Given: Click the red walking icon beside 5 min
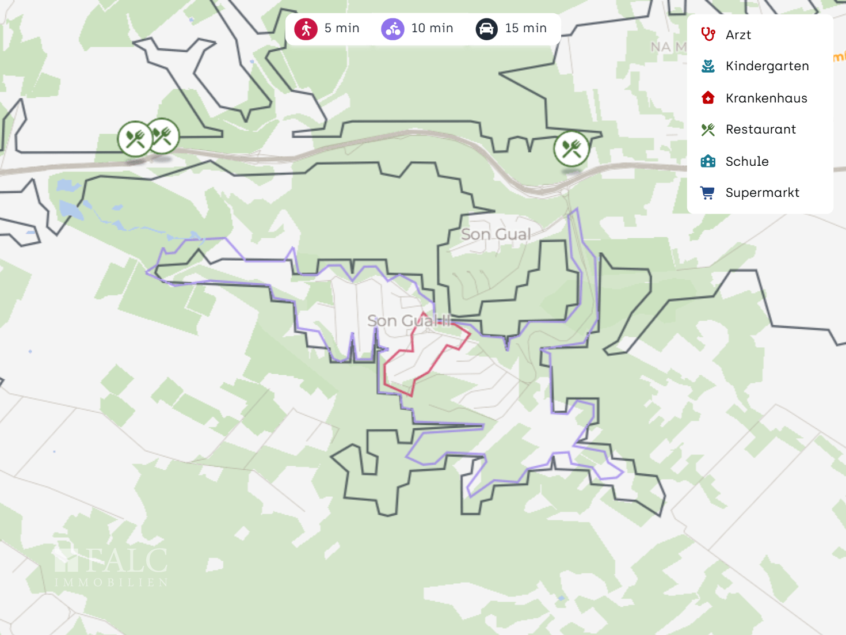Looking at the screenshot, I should (306, 29).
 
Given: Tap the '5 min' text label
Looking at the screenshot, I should (342, 28).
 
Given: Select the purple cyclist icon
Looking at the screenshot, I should (393, 29).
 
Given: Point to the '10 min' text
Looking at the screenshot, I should (432, 28).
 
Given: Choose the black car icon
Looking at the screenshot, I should (487, 29).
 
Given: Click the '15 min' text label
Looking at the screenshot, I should (526, 28).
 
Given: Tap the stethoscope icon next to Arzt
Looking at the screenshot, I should (708, 35).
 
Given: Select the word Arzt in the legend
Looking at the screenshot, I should (738, 35).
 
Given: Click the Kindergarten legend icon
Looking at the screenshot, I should (708, 66).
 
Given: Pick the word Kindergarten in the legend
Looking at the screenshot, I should (767, 66).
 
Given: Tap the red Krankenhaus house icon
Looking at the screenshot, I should (708, 98).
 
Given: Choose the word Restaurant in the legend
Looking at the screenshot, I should (761, 130).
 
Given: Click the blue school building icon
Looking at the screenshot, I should (708, 161).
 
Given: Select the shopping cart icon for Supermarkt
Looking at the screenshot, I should (708, 193).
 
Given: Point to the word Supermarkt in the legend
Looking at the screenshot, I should (763, 193).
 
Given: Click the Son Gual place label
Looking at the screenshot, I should (496, 234).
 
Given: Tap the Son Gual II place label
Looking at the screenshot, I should (409, 321).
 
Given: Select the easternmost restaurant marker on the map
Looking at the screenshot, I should (571, 149).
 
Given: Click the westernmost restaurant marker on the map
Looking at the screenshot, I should (135, 139).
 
